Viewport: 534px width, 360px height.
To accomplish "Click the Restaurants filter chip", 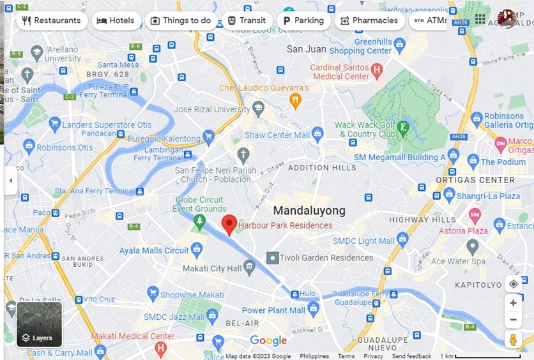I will click(51, 20).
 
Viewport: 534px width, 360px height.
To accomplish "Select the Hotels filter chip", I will click(115, 20).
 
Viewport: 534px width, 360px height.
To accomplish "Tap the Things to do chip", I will click(180, 20).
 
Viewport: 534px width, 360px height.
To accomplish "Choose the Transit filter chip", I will click(247, 20).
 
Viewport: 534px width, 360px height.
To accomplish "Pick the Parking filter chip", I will click(303, 20).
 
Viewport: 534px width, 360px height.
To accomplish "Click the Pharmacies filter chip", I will click(369, 20).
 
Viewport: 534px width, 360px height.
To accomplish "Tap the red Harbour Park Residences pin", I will click(229, 224).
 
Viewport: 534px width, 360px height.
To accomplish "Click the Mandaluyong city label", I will click(309, 211).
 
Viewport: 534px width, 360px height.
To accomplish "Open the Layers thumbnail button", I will click(39, 324).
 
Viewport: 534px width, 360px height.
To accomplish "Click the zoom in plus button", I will click(513, 303).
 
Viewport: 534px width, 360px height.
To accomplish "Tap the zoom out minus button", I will click(513, 320).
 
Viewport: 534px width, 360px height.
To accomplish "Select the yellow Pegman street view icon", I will click(513, 340).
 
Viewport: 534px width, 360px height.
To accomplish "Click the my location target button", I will click(513, 284).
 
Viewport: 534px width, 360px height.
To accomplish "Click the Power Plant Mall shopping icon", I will click(313, 310).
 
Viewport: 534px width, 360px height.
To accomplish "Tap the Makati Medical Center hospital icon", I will click(160, 348).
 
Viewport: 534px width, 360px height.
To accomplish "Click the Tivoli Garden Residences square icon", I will click(272, 258).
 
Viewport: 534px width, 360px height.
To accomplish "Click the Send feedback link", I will click(411, 356).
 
